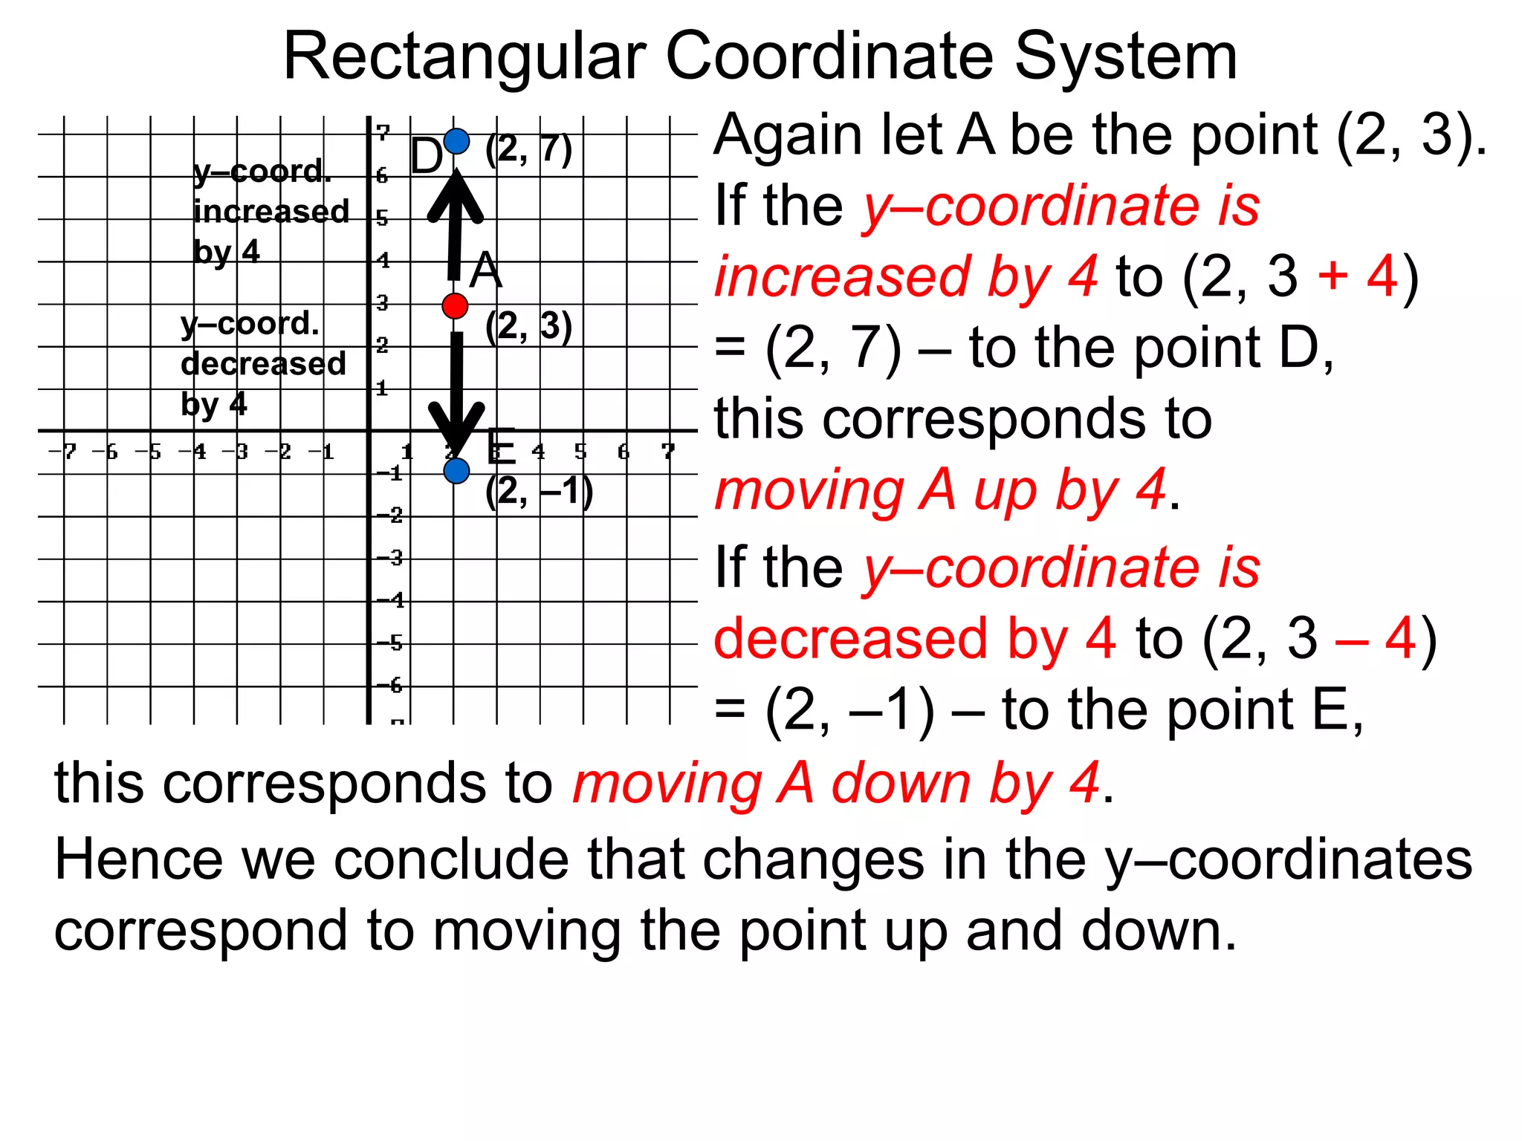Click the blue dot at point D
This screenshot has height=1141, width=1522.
[x=456, y=140]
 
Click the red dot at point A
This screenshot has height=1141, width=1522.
[x=455, y=305]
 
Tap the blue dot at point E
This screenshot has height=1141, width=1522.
[x=456, y=470]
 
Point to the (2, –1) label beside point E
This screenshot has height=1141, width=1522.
[x=539, y=491]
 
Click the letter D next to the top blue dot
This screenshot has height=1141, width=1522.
[x=426, y=157]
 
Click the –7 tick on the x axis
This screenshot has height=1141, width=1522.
[x=63, y=451]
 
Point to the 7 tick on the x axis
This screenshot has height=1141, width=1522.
[x=668, y=450]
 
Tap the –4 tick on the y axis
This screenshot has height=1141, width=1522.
[x=393, y=599]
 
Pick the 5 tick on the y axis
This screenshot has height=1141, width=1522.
[x=382, y=218]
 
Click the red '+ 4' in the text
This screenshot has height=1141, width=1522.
[x=1357, y=276]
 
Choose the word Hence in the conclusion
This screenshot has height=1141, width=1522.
[x=139, y=859]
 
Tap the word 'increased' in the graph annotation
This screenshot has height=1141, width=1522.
[x=271, y=212]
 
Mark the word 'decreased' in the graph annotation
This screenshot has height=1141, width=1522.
[x=263, y=364]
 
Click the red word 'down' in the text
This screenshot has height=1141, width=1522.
[x=901, y=784]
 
